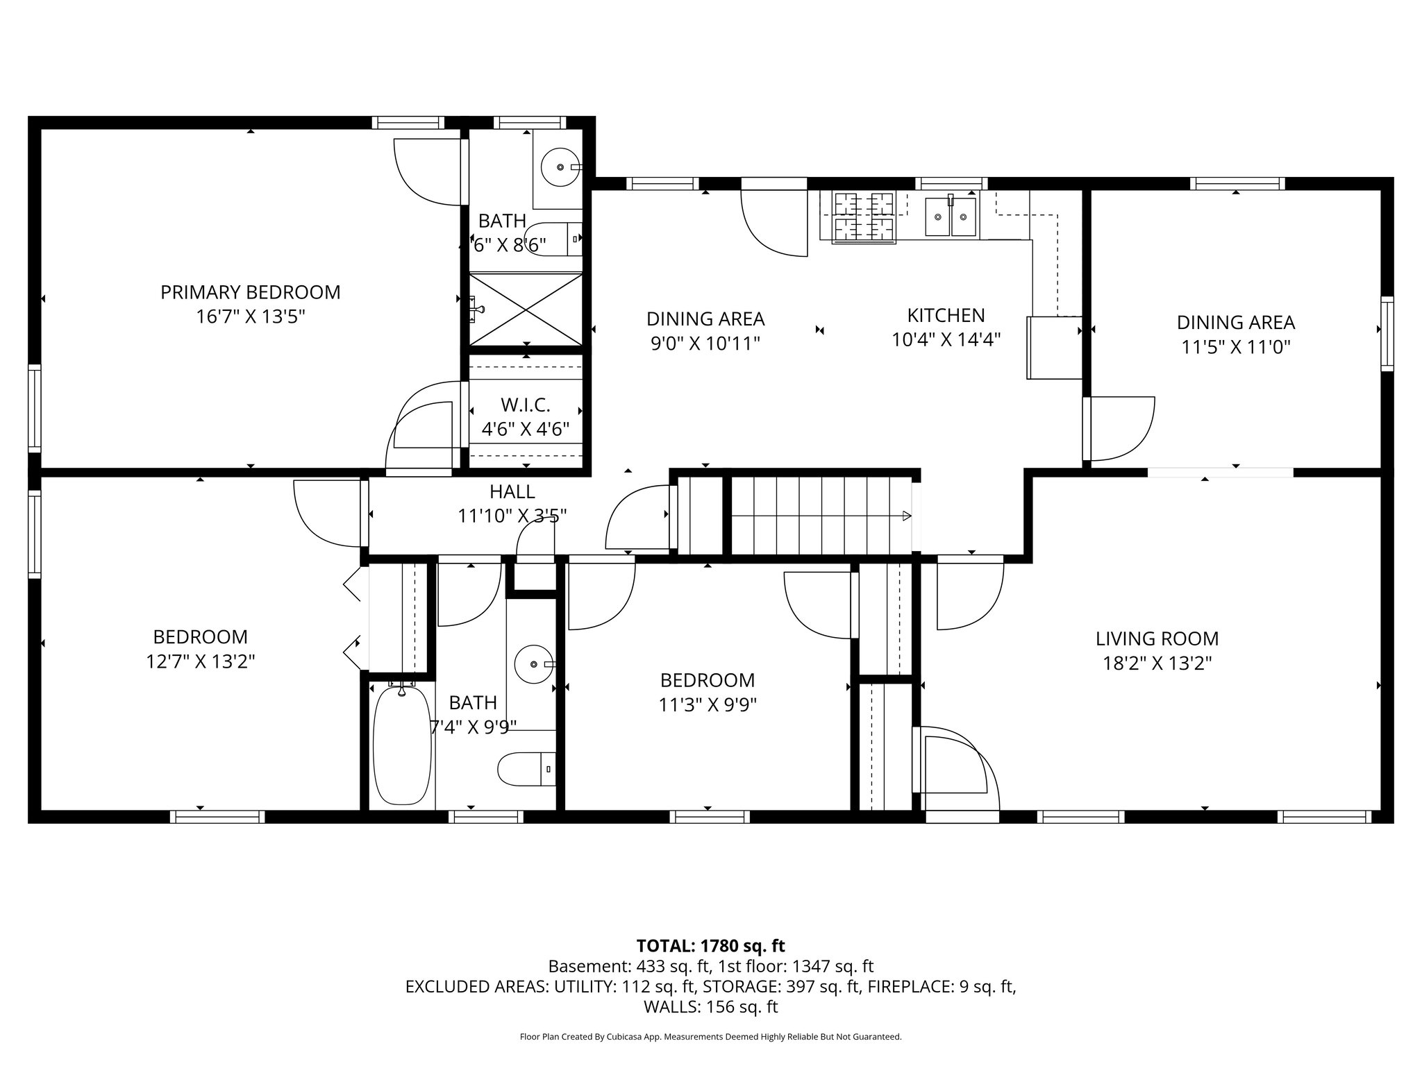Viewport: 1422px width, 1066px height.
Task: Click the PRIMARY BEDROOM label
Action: coord(250,292)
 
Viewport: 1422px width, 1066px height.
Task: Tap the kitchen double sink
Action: coord(951,216)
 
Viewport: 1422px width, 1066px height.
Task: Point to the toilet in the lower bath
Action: coord(526,769)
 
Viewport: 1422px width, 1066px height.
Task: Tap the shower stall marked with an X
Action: coord(526,309)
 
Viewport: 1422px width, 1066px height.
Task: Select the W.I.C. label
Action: coord(525,404)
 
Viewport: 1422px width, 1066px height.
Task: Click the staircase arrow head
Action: coord(906,516)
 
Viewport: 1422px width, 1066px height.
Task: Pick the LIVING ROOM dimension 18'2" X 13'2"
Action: coord(1157,663)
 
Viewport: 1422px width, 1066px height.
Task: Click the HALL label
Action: coord(512,491)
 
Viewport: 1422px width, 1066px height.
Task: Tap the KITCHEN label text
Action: coord(946,315)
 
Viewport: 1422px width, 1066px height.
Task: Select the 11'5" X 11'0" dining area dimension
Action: coord(1235,346)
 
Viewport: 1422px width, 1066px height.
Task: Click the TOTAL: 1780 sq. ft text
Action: coord(710,945)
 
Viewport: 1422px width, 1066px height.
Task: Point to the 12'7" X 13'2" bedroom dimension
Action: coord(200,661)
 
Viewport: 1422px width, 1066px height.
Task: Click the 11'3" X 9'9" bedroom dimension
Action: coord(707,704)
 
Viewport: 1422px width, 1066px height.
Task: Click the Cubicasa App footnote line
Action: coord(710,1037)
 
